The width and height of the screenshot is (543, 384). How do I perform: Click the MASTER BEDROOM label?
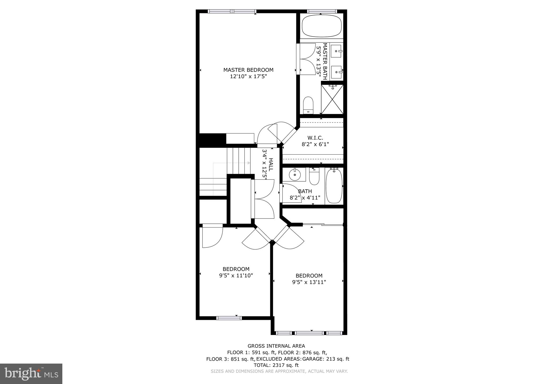click(x=248, y=70)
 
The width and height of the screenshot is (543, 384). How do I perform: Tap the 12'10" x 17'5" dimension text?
click(x=248, y=77)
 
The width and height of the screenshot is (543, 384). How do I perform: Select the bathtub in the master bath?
click(x=321, y=26)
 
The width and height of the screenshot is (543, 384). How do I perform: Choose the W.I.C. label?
click(x=315, y=138)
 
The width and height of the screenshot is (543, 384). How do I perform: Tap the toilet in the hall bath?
click(x=314, y=177)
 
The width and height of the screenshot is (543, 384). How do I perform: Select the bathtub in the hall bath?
click(x=334, y=186)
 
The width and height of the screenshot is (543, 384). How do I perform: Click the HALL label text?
click(x=271, y=164)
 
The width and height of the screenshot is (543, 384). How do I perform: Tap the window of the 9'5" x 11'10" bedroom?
click(x=229, y=318)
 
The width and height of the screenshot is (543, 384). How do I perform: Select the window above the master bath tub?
click(x=322, y=11)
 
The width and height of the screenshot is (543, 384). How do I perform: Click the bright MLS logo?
click(x=31, y=374)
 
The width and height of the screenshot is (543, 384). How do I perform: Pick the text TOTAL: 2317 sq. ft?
click(x=276, y=365)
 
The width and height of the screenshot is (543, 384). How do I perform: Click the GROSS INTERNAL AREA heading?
click(x=276, y=346)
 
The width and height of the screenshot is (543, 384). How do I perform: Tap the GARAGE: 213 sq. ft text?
click(x=326, y=359)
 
